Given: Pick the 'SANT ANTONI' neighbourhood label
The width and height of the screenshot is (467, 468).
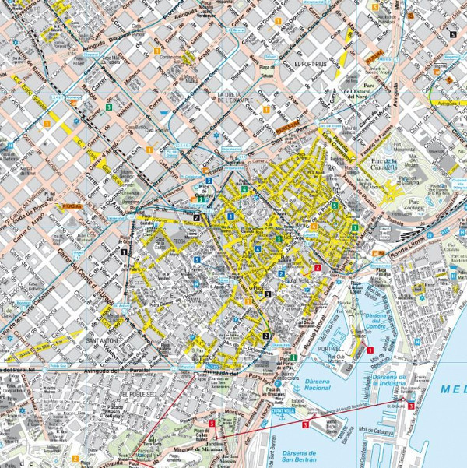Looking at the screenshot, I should coord(101,340).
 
